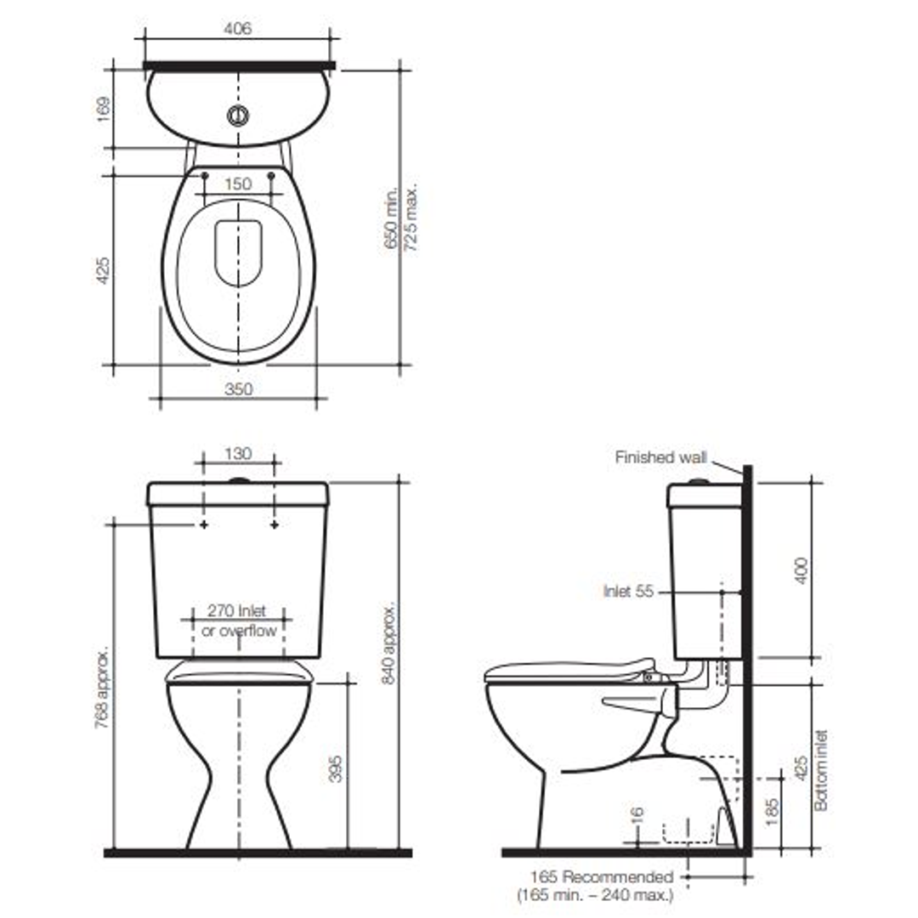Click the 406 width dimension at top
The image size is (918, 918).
click(x=238, y=29)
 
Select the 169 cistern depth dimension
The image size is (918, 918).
click(x=103, y=109)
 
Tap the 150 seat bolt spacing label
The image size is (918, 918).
click(x=238, y=184)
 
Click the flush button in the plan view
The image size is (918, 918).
click(x=239, y=116)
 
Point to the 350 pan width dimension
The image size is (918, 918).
click(x=239, y=389)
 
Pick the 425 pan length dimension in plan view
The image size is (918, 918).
click(x=103, y=269)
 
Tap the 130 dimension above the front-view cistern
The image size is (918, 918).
click(x=238, y=453)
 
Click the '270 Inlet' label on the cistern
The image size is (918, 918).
click(x=237, y=611)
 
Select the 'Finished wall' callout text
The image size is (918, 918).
click(x=660, y=457)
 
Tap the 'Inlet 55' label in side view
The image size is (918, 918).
click(x=628, y=591)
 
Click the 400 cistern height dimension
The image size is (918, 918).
click(x=801, y=569)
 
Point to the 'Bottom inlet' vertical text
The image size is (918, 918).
click(x=821, y=769)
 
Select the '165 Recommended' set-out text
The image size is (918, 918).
click(x=602, y=876)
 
